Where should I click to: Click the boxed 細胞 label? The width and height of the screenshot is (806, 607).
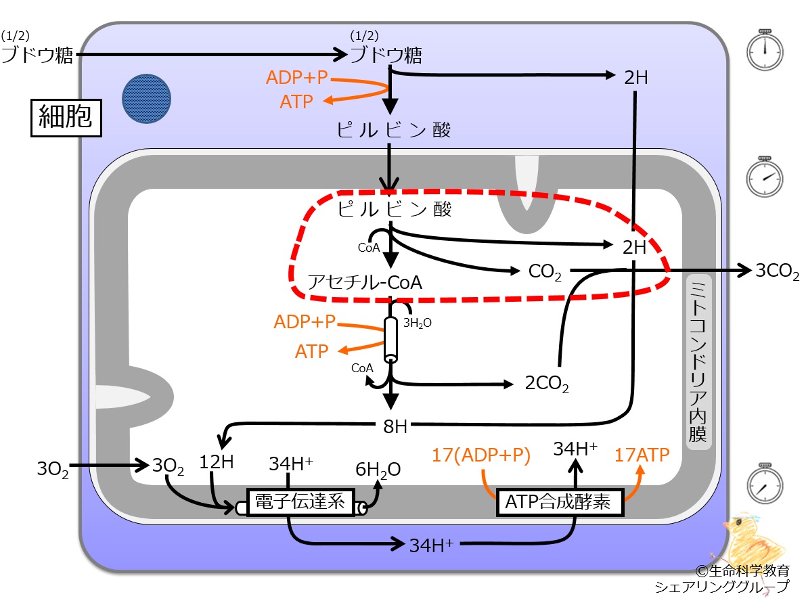tap(66, 118)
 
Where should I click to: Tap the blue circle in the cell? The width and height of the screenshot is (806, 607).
tap(146, 99)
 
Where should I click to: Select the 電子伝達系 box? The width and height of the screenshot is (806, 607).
tap(300, 501)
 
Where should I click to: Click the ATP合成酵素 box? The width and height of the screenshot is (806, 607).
tap(560, 501)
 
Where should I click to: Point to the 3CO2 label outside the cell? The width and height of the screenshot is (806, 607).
tap(777, 271)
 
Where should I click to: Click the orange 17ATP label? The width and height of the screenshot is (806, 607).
tap(642, 455)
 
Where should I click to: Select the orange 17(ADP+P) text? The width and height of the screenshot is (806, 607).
tap(480, 455)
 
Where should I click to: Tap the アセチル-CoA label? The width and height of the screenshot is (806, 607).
tap(365, 282)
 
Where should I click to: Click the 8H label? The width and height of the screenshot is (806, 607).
tap(395, 426)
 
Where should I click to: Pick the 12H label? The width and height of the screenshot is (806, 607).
tap(217, 462)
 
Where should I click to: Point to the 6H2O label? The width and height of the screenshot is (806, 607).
tap(378, 470)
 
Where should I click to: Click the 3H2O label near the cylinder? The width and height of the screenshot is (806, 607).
tap(417, 323)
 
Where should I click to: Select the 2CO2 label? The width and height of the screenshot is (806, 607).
tap(547, 384)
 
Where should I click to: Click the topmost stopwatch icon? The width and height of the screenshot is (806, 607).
tap(764, 50)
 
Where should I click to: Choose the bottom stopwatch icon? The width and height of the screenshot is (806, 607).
tap(764, 484)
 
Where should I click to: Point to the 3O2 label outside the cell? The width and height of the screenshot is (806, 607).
tap(52, 469)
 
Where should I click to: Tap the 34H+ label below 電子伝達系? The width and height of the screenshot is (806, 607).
tap(431, 545)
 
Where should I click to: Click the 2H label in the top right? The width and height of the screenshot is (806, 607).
tap(636, 78)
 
